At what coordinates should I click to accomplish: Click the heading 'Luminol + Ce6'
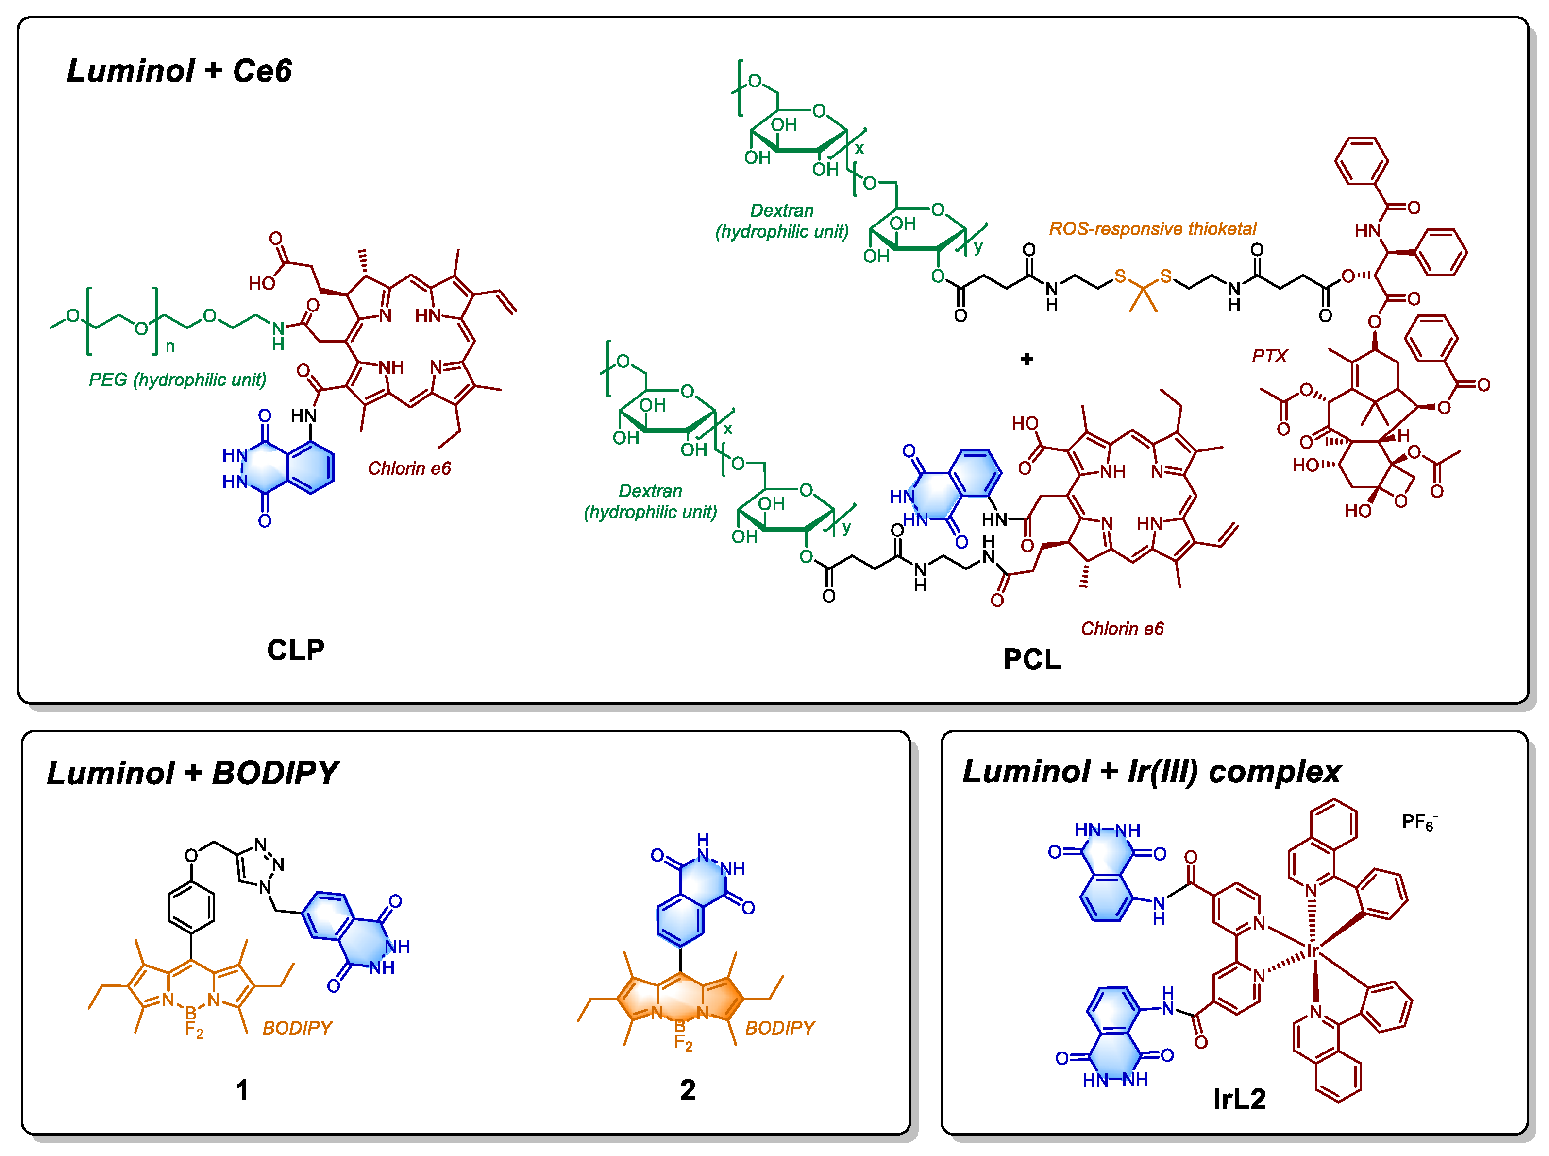(179, 70)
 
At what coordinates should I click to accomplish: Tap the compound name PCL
(1031, 659)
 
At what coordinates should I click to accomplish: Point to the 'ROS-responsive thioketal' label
(1152, 229)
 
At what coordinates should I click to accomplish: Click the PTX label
(1269, 356)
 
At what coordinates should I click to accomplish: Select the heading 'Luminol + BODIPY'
(192, 773)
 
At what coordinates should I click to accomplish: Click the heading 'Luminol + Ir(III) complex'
(1151, 771)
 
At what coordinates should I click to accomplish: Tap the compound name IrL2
(1239, 1099)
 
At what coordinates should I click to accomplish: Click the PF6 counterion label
(1418, 822)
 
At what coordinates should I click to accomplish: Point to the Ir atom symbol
(1313, 949)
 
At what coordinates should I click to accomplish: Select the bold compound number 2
(688, 1089)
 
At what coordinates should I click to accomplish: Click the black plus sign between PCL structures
(1027, 359)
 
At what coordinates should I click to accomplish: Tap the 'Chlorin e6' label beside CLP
(409, 468)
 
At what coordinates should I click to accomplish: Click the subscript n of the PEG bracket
(170, 346)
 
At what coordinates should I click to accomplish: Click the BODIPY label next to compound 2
(780, 1027)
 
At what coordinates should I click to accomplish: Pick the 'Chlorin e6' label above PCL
(1122, 628)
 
